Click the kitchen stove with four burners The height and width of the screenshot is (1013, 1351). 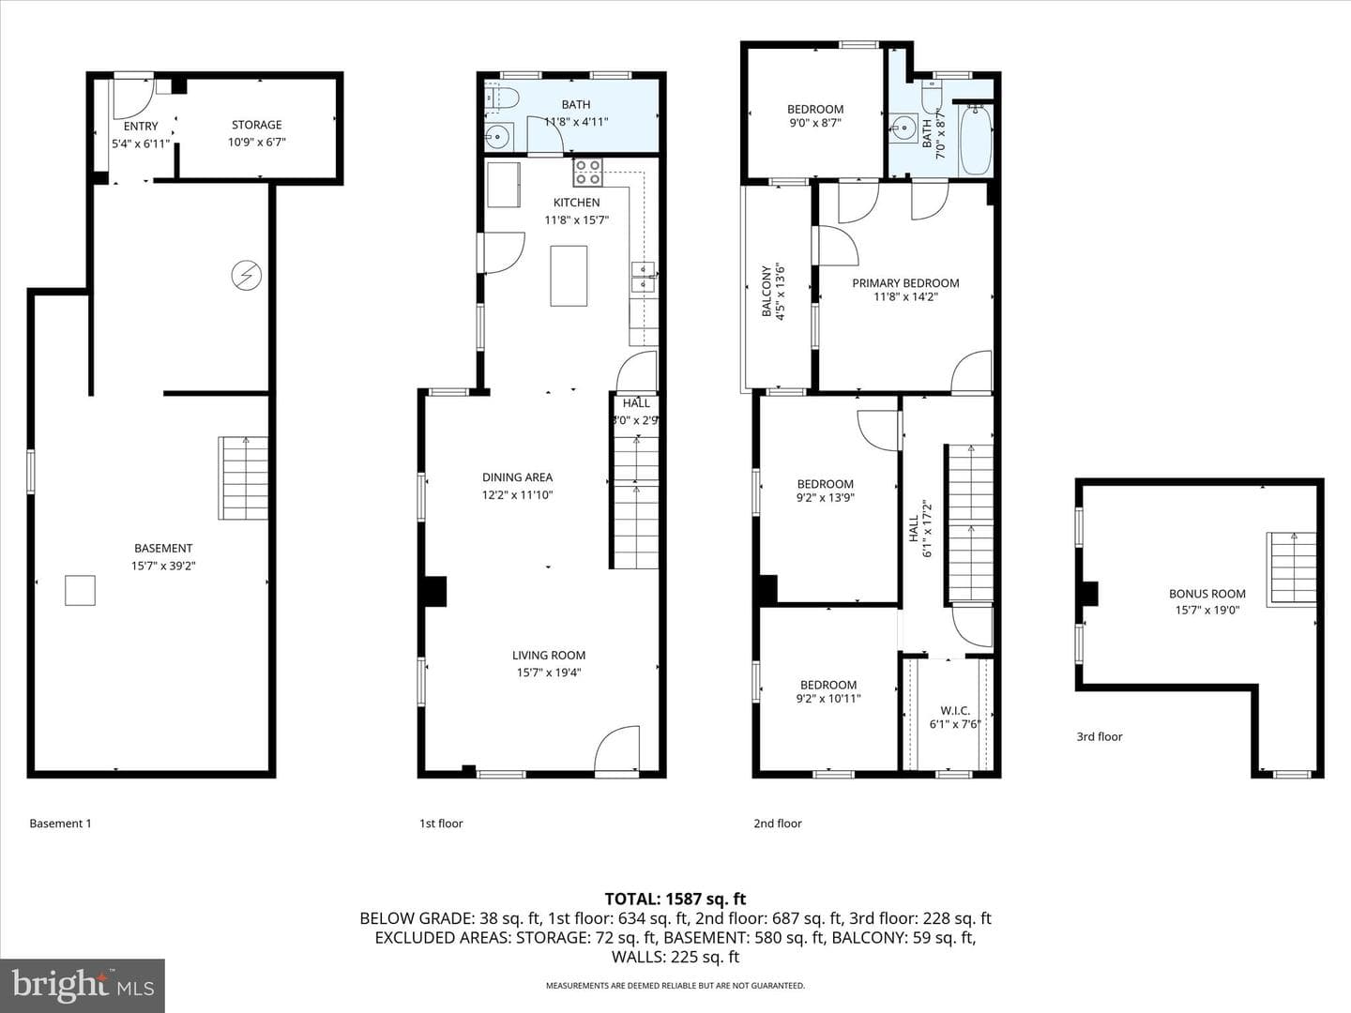click(x=588, y=173)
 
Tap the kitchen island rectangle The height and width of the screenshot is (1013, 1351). click(x=569, y=276)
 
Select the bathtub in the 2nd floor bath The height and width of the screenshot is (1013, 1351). click(x=976, y=141)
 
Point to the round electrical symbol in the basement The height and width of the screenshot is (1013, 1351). click(x=246, y=275)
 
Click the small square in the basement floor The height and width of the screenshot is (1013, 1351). click(x=80, y=591)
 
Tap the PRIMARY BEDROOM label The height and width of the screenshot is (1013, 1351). click(x=905, y=283)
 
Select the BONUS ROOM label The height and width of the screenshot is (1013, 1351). click(x=1207, y=594)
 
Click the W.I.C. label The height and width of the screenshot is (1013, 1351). click(x=955, y=710)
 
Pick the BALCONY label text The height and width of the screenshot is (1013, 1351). click(x=767, y=292)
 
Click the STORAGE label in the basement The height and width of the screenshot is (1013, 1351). click(x=257, y=125)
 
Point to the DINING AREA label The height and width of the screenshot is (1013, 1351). click(x=517, y=477)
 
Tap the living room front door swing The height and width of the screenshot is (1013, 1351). click(x=616, y=748)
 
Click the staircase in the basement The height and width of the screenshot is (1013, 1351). click(x=243, y=478)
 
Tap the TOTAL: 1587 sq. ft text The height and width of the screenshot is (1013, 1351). click(x=675, y=900)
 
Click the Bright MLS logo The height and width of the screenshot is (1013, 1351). click(x=83, y=985)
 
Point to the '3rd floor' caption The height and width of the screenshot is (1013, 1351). click(x=1100, y=736)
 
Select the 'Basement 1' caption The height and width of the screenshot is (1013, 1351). click(x=60, y=823)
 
